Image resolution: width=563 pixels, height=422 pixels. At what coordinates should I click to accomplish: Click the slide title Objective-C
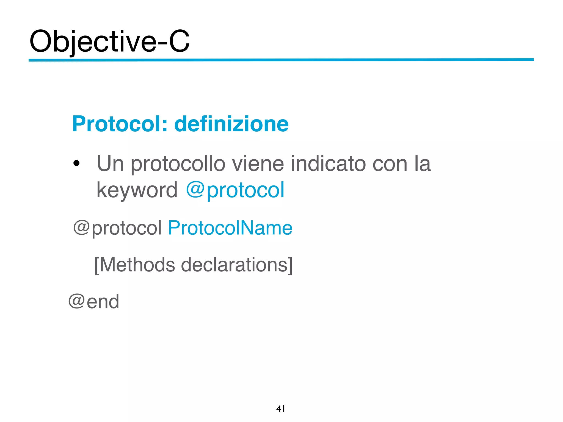click(109, 41)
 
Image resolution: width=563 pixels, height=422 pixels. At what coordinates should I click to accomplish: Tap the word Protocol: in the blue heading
click(120, 124)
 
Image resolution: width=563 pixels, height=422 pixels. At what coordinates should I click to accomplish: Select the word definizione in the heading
click(231, 124)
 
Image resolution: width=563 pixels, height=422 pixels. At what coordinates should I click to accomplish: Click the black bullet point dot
click(76, 163)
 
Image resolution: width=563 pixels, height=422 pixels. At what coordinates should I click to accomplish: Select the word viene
click(258, 163)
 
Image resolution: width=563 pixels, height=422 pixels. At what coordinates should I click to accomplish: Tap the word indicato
click(328, 163)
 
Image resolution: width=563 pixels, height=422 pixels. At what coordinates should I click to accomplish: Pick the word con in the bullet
click(390, 164)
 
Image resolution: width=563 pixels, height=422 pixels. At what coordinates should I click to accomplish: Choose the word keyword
click(137, 190)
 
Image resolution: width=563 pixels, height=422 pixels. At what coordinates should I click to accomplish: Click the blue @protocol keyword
click(235, 190)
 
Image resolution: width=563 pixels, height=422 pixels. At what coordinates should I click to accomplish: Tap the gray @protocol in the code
click(117, 228)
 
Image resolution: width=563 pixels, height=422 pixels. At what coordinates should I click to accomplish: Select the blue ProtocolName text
click(230, 228)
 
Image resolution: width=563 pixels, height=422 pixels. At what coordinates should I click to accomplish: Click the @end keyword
click(94, 302)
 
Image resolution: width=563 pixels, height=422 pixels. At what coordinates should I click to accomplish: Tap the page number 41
click(281, 409)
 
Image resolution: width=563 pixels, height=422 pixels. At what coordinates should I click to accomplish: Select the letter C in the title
click(179, 41)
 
